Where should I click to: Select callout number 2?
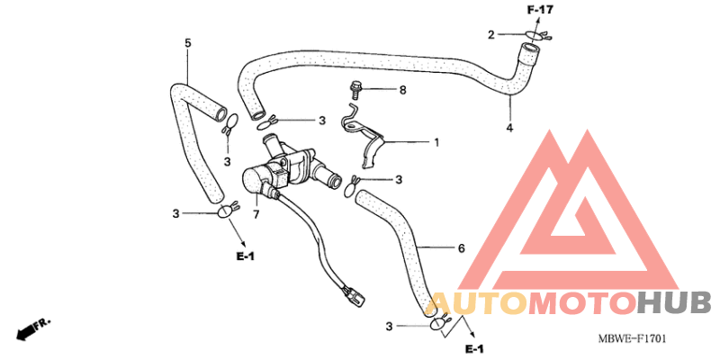(x=490, y=34)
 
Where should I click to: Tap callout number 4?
(x=509, y=128)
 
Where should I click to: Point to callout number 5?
(x=187, y=42)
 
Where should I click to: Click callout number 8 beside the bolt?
(x=402, y=90)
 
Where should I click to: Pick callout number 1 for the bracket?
(x=436, y=142)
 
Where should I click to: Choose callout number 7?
(x=256, y=214)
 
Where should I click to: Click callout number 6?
(x=462, y=248)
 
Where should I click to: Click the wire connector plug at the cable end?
(x=353, y=296)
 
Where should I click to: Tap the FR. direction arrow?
(x=32, y=329)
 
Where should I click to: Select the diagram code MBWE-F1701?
(x=632, y=339)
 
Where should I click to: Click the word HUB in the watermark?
(x=672, y=303)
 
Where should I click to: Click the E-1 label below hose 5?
(x=245, y=256)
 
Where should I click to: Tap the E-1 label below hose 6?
(x=474, y=349)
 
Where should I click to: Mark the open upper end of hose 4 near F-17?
(x=529, y=48)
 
